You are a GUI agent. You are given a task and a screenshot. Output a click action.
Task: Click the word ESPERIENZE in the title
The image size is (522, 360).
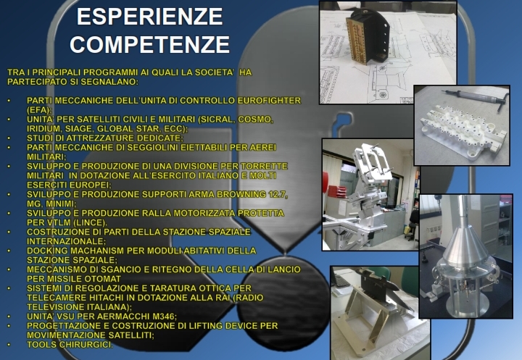point(149,17)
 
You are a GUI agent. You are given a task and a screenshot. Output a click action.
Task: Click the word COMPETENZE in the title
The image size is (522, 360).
point(150,44)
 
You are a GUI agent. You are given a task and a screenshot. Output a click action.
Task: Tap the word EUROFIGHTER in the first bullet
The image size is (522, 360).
point(269,101)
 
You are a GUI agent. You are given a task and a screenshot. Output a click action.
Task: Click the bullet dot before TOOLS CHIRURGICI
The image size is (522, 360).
point(9,345)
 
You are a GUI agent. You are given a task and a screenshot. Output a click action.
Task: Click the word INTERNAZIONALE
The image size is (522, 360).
point(66,241)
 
